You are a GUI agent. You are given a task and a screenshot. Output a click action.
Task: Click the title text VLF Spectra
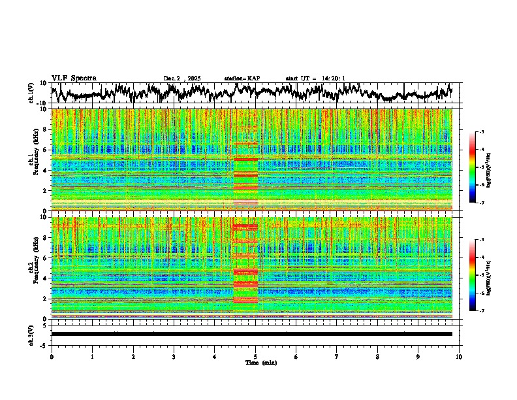point(74,78)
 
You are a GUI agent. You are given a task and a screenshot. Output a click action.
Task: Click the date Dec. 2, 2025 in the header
point(183,78)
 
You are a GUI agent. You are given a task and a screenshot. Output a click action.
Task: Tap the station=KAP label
point(242,78)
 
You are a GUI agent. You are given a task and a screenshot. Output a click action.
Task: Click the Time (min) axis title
point(260,362)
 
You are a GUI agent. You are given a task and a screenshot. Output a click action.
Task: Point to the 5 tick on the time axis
point(255,356)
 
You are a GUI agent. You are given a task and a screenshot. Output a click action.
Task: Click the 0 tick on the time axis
point(52,356)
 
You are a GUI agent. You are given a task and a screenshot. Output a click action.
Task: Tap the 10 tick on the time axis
point(459,356)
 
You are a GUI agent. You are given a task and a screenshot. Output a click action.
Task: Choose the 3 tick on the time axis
point(174,356)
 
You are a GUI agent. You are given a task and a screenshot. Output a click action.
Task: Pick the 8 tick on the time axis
point(377,356)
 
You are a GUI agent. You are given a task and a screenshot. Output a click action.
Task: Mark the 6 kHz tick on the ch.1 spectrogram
point(46,150)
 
